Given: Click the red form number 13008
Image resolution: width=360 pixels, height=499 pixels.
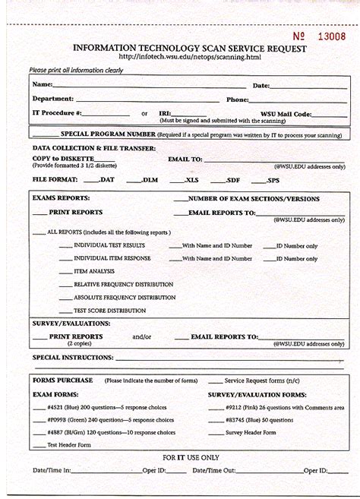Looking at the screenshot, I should click(x=331, y=36).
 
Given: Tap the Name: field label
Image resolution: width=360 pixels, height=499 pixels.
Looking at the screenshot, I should click(x=43, y=84).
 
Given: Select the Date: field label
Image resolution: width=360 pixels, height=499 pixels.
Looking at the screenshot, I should click(x=261, y=86).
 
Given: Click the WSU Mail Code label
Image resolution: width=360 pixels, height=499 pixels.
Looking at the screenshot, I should click(x=286, y=114).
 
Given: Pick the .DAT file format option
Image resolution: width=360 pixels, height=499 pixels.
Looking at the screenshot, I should click(x=104, y=180).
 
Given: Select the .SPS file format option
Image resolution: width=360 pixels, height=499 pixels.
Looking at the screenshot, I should click(x=271, y=180).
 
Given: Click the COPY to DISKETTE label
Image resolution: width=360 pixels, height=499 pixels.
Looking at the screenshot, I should click(x=63, y=159).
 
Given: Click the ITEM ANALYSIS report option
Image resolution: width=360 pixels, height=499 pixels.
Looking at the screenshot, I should click(x=94, y=271).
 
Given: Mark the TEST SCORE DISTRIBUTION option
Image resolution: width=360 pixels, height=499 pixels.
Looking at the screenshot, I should click(x=109, y=311).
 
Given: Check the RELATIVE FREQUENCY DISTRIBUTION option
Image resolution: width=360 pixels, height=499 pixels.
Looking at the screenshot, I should click(x=123, y=284).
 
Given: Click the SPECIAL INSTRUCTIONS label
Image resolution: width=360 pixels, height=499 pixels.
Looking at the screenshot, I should click(x=73, y=357).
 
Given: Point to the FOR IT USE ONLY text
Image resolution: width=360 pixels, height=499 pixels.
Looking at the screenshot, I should click(x=191, y=457).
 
